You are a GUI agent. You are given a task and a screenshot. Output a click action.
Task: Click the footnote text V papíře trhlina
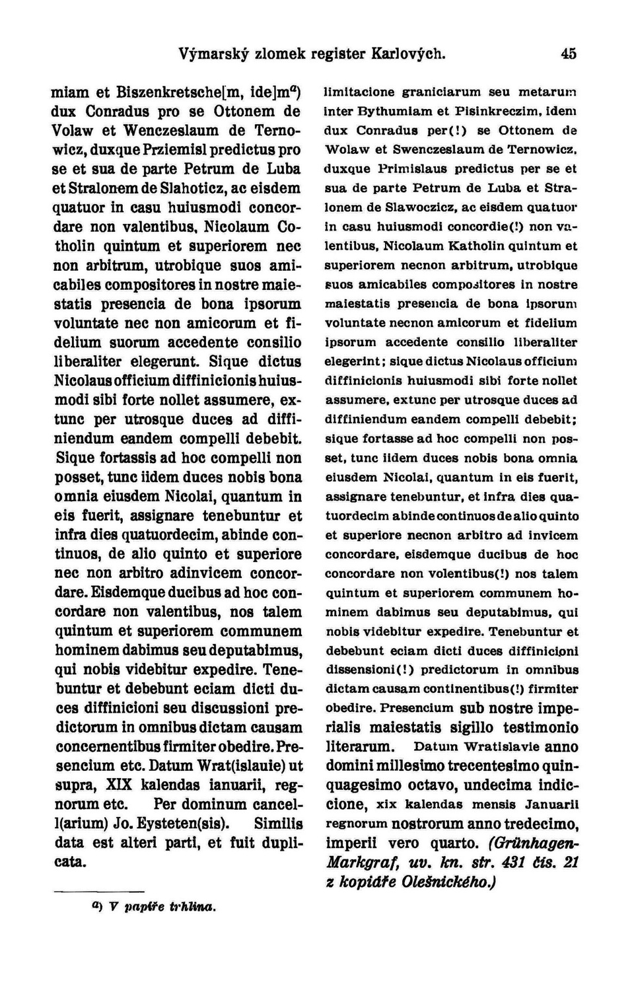(x=162, y=907)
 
